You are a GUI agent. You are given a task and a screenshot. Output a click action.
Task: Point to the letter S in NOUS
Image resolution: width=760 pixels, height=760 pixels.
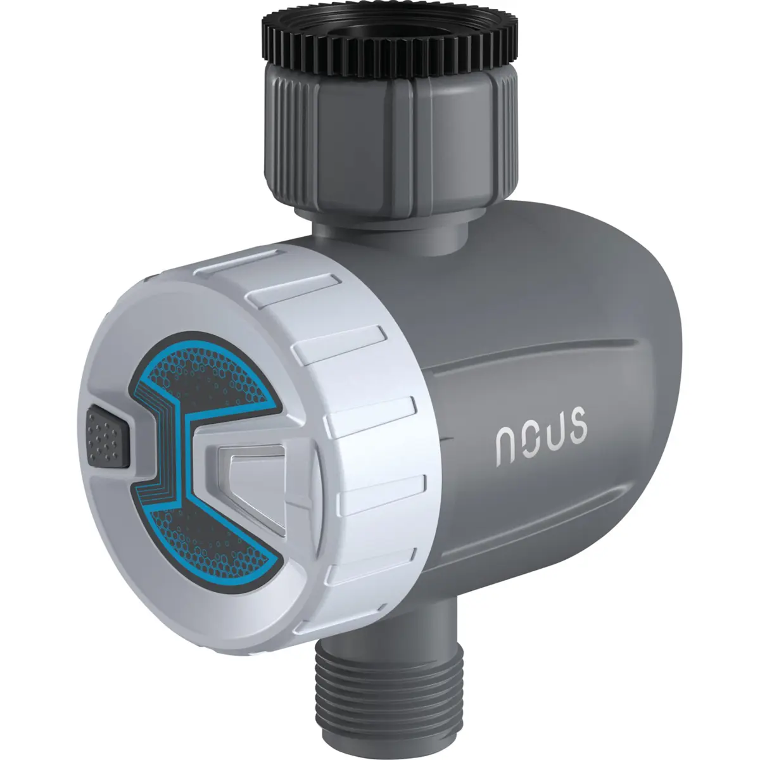tap(577, 426)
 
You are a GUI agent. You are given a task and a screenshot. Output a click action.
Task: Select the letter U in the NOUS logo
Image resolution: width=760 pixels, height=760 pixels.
tap(553, 434)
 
